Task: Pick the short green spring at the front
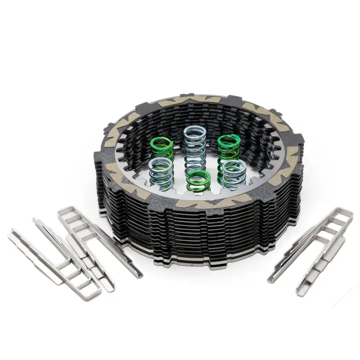coord(198,181)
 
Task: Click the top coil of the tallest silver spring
coord(194,131)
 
